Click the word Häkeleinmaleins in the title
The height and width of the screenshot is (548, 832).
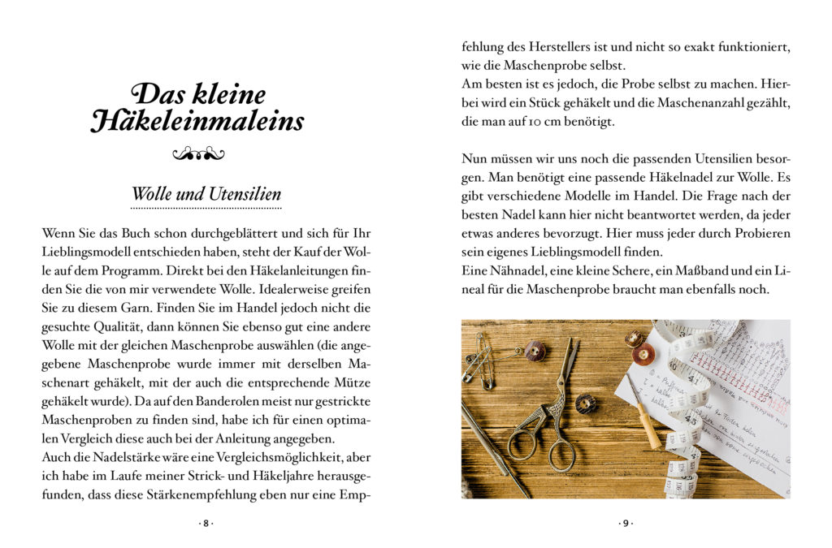click(x=198, y=121)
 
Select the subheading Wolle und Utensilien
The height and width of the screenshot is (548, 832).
click(x=206, y=195)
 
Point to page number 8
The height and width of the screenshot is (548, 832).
click(x=206, y=524)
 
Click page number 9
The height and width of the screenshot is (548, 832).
click(x=625, y=524)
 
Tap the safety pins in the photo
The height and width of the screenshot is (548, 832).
click(x=480, y=357)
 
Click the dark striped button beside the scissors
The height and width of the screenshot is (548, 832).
click(x=586, y=403)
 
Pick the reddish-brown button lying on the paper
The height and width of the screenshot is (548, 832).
click(x=643, y=355)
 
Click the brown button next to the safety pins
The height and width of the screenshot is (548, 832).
click(x=535, y=350)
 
